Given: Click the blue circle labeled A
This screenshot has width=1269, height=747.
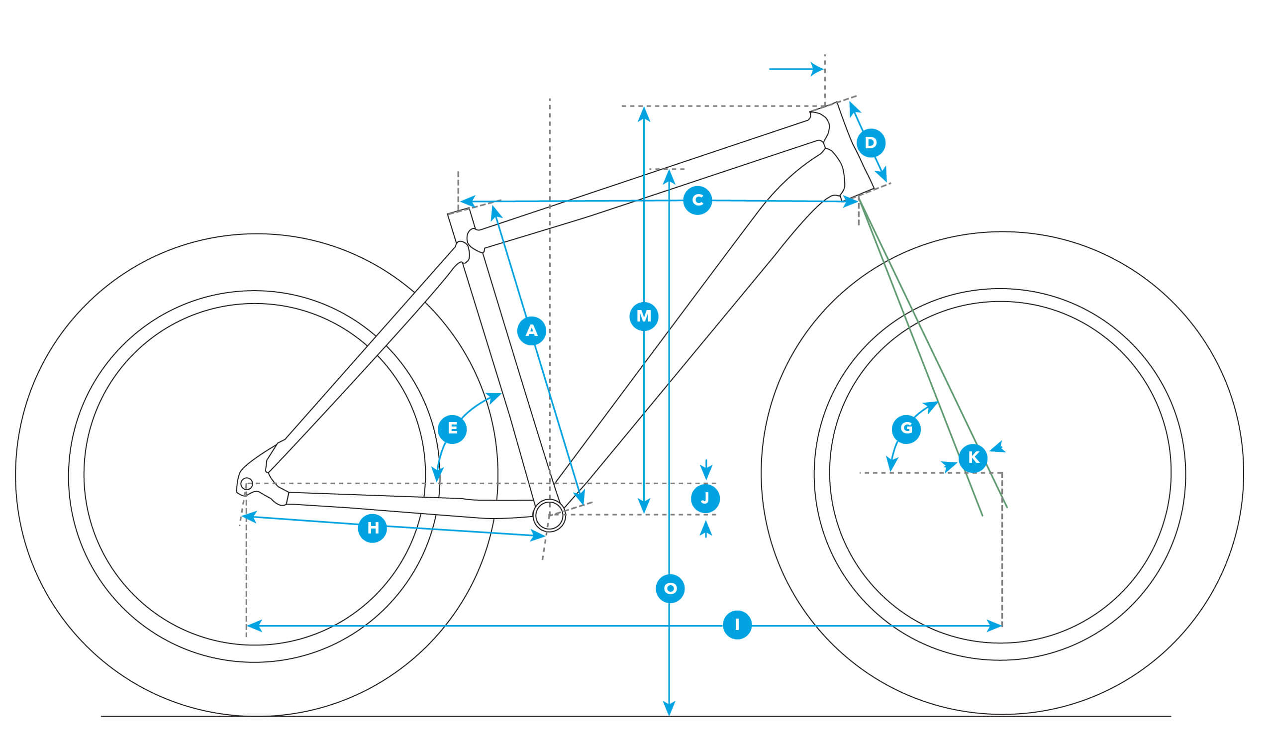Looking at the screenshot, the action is (x=531, y=331).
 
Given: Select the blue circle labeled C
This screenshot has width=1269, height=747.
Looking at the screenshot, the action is (x=697, y=201).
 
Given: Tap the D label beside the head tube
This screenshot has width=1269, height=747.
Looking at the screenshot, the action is (x=871, y=143).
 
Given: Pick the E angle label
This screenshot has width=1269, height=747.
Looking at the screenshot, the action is (x=452, y=429).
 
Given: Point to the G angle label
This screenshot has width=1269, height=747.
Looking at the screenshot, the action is (x=906, y=429).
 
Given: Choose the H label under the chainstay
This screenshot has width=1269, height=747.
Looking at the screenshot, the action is (x=373, y=529).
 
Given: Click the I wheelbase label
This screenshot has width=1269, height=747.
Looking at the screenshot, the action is (x=737, y=625).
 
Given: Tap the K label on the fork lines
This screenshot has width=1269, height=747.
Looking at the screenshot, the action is (x=973, y=458).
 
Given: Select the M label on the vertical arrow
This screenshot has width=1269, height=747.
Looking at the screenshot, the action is (x=644, y=317).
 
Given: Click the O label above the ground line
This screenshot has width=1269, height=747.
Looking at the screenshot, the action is (x=670, y=588).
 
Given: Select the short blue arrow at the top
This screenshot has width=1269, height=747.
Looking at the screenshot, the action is (x=796, y=69).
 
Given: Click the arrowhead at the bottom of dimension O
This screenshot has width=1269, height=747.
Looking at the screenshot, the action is (x=669, y=708).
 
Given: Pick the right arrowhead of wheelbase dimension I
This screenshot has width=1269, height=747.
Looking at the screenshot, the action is (x=994, y=626).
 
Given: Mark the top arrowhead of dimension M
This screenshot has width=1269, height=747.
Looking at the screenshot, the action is (x=644, y=114).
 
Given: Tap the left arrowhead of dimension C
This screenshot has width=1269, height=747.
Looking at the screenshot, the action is (x=468, y=202).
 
